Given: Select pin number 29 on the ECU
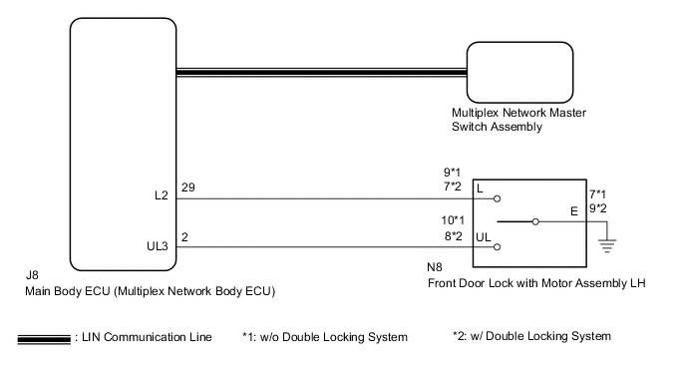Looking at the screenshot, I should [187, 187].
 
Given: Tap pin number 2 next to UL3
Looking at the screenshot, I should [184, 237].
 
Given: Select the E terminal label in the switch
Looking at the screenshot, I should [572, 210].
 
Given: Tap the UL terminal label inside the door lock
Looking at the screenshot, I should [486, 237].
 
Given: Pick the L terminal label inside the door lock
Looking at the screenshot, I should [482, 188].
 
